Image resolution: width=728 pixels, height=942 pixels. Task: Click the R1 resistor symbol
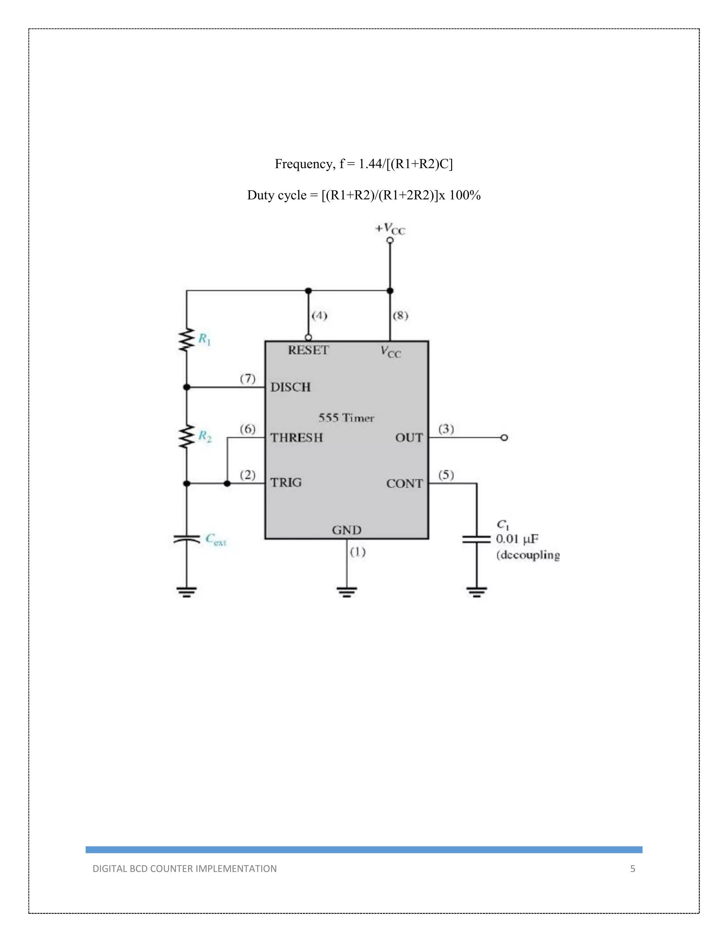click(186, 340)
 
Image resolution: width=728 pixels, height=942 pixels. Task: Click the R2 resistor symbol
click(186, 437)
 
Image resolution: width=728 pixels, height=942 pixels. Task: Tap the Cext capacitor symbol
click(186, 539)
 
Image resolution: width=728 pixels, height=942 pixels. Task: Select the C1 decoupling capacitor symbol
click(477, 539)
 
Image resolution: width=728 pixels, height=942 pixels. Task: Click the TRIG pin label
click(285, 482)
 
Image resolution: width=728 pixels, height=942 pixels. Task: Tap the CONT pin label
click(404, 483)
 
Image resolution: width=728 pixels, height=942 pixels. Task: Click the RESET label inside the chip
click(308, 350)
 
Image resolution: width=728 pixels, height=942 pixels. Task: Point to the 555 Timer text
click(346, 418)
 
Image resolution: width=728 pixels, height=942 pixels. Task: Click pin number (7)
click(247, 378)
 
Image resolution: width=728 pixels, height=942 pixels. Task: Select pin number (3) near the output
click(446, 429)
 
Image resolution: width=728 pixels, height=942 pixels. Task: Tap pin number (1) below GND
click(358, 552)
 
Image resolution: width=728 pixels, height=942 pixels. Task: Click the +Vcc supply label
click(390, 229)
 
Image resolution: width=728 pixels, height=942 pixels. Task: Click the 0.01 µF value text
click(516, 539)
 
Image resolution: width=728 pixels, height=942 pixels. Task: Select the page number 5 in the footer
click(632, 869)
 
